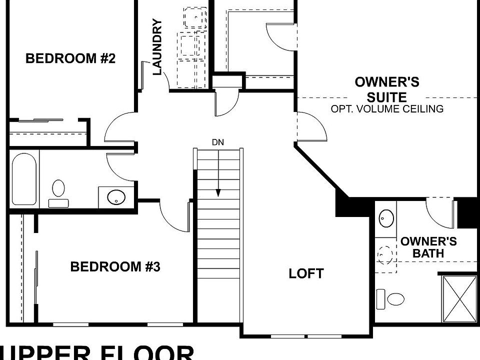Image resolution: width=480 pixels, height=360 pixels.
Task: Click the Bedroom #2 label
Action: click(x=70, y=58)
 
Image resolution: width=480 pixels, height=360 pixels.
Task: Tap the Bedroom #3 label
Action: click(x=115, y=266)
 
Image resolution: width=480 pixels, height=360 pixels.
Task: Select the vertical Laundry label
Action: click(x=157, y=47)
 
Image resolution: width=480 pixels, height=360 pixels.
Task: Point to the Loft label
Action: click(x=306, y=273)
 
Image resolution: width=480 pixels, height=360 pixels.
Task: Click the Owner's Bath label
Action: click(x=428, y=247)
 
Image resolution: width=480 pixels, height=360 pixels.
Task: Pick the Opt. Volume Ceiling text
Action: click(x=387, y=108)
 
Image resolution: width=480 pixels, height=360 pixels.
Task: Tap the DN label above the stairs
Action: click(x=217, y=142)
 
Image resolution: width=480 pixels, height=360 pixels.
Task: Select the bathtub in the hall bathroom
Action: click(x=24, y=178)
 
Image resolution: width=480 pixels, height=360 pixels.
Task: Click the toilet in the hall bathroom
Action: click(x=58, y=190)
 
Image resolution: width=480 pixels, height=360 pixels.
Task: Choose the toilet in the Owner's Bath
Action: click(x=392, y=298)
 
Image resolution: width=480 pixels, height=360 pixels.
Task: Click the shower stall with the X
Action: click(x=459, y=298)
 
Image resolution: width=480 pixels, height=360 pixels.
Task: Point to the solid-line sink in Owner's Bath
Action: click(x=385, y=218)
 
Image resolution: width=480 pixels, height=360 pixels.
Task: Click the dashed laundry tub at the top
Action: click(x=195, y=18)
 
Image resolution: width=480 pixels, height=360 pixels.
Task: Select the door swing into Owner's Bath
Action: click(x=440, y=210)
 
